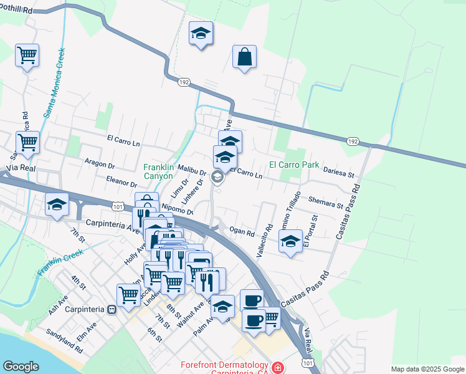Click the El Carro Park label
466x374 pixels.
[x=293, y=165]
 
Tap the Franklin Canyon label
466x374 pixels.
[x=158, y=171]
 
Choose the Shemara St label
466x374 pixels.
[x=326, y=202]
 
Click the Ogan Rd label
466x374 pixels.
[x=242, y=233]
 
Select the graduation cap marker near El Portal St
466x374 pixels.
[x=290, y=241]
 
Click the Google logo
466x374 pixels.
[x=21, y=367]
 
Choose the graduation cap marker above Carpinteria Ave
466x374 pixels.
[x=57, y=204]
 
